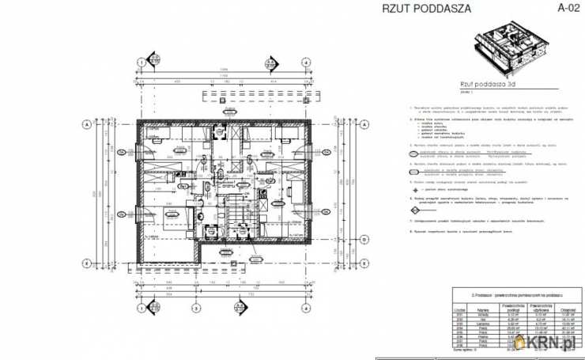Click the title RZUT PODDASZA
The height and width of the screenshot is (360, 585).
coord(426,9)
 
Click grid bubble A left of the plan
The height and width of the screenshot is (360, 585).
coord(85,124)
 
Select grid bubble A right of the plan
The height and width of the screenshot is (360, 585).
coord(364,124)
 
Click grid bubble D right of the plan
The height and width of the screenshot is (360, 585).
coord(364,238)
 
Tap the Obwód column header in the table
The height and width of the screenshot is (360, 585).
coord(566,310)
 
